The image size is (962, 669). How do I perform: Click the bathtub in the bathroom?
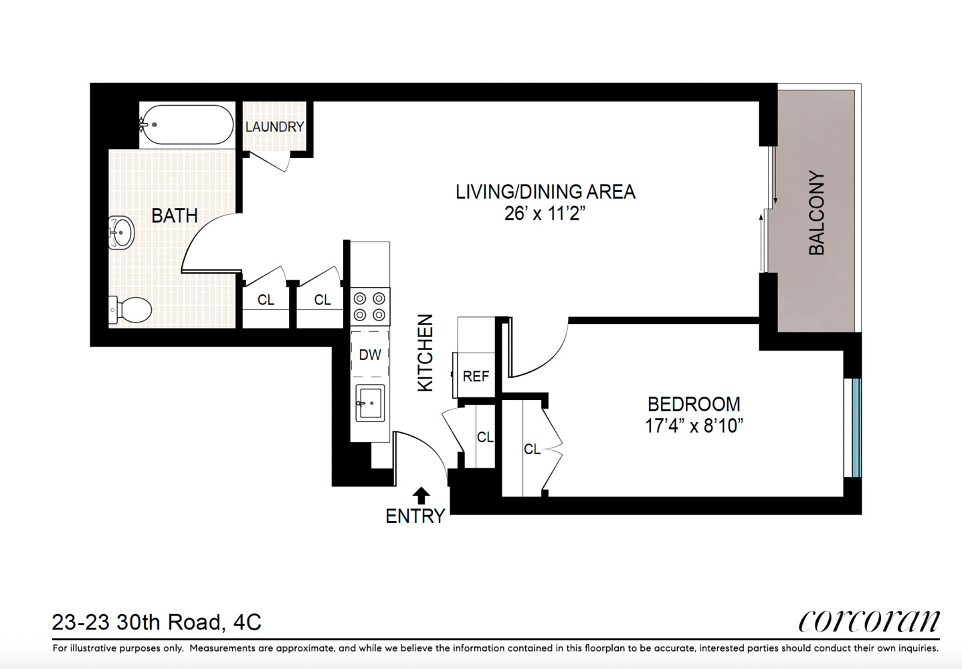tap(187, 125)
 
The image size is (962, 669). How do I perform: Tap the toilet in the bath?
tap(130, 310)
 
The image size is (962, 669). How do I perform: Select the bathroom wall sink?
tap(120, 232)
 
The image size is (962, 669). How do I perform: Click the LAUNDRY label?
tap(275, 126)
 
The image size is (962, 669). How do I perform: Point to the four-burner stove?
tap(370, 306)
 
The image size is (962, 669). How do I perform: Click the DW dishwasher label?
tap(370, 355)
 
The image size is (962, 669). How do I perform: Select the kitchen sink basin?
tap(370, 403)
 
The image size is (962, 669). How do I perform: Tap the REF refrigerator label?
tap(476, 376)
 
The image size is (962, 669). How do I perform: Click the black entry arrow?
tap(421, 495)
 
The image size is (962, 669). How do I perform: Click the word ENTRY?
tap(415, 516)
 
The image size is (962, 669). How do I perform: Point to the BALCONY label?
tap(817, 213)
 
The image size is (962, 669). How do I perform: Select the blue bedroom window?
tap(856, 427)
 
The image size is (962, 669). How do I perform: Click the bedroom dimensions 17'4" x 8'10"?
tap(694, 426)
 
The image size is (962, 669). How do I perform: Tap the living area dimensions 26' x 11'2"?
tap(545, 213)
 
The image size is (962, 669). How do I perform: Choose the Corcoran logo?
tap(869, 622)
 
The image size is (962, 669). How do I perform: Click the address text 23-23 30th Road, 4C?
tap(157, 622)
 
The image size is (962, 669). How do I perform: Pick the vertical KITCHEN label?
tap(425, 353)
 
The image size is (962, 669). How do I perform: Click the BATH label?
tap(175, 215)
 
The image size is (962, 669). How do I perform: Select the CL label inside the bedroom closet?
tap(532, 449)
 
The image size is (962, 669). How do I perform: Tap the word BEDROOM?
tap(694, 404)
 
